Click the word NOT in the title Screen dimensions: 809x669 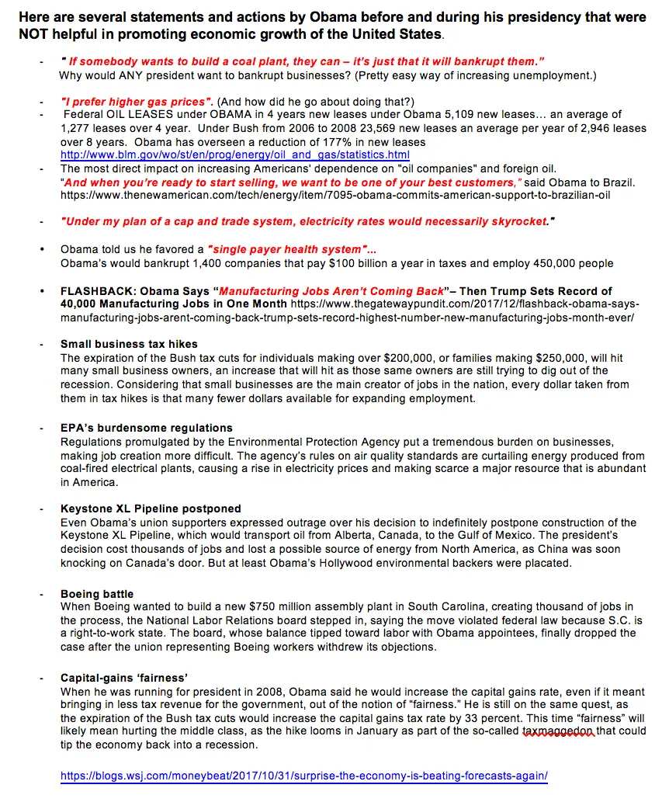33,35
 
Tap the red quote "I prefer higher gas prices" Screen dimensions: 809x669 137,102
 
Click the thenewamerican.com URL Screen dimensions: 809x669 334,195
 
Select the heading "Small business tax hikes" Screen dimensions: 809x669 129,344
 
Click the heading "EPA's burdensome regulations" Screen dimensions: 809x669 147,428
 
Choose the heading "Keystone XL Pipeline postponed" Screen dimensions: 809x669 151,509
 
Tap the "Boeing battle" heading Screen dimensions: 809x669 97,594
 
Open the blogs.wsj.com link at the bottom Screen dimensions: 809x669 303,776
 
